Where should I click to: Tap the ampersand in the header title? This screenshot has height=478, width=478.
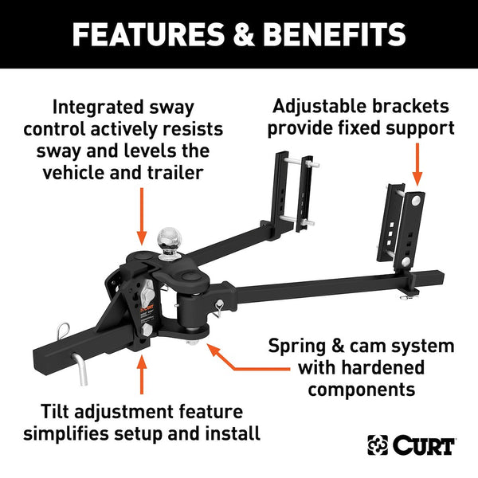(x=233, y=34)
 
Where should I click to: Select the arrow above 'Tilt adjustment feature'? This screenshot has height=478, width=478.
(x=142, y=376)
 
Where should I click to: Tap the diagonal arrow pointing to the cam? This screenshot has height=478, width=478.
(x=238, y=359)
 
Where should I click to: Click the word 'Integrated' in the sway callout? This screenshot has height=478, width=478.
(x=87, y=106)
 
